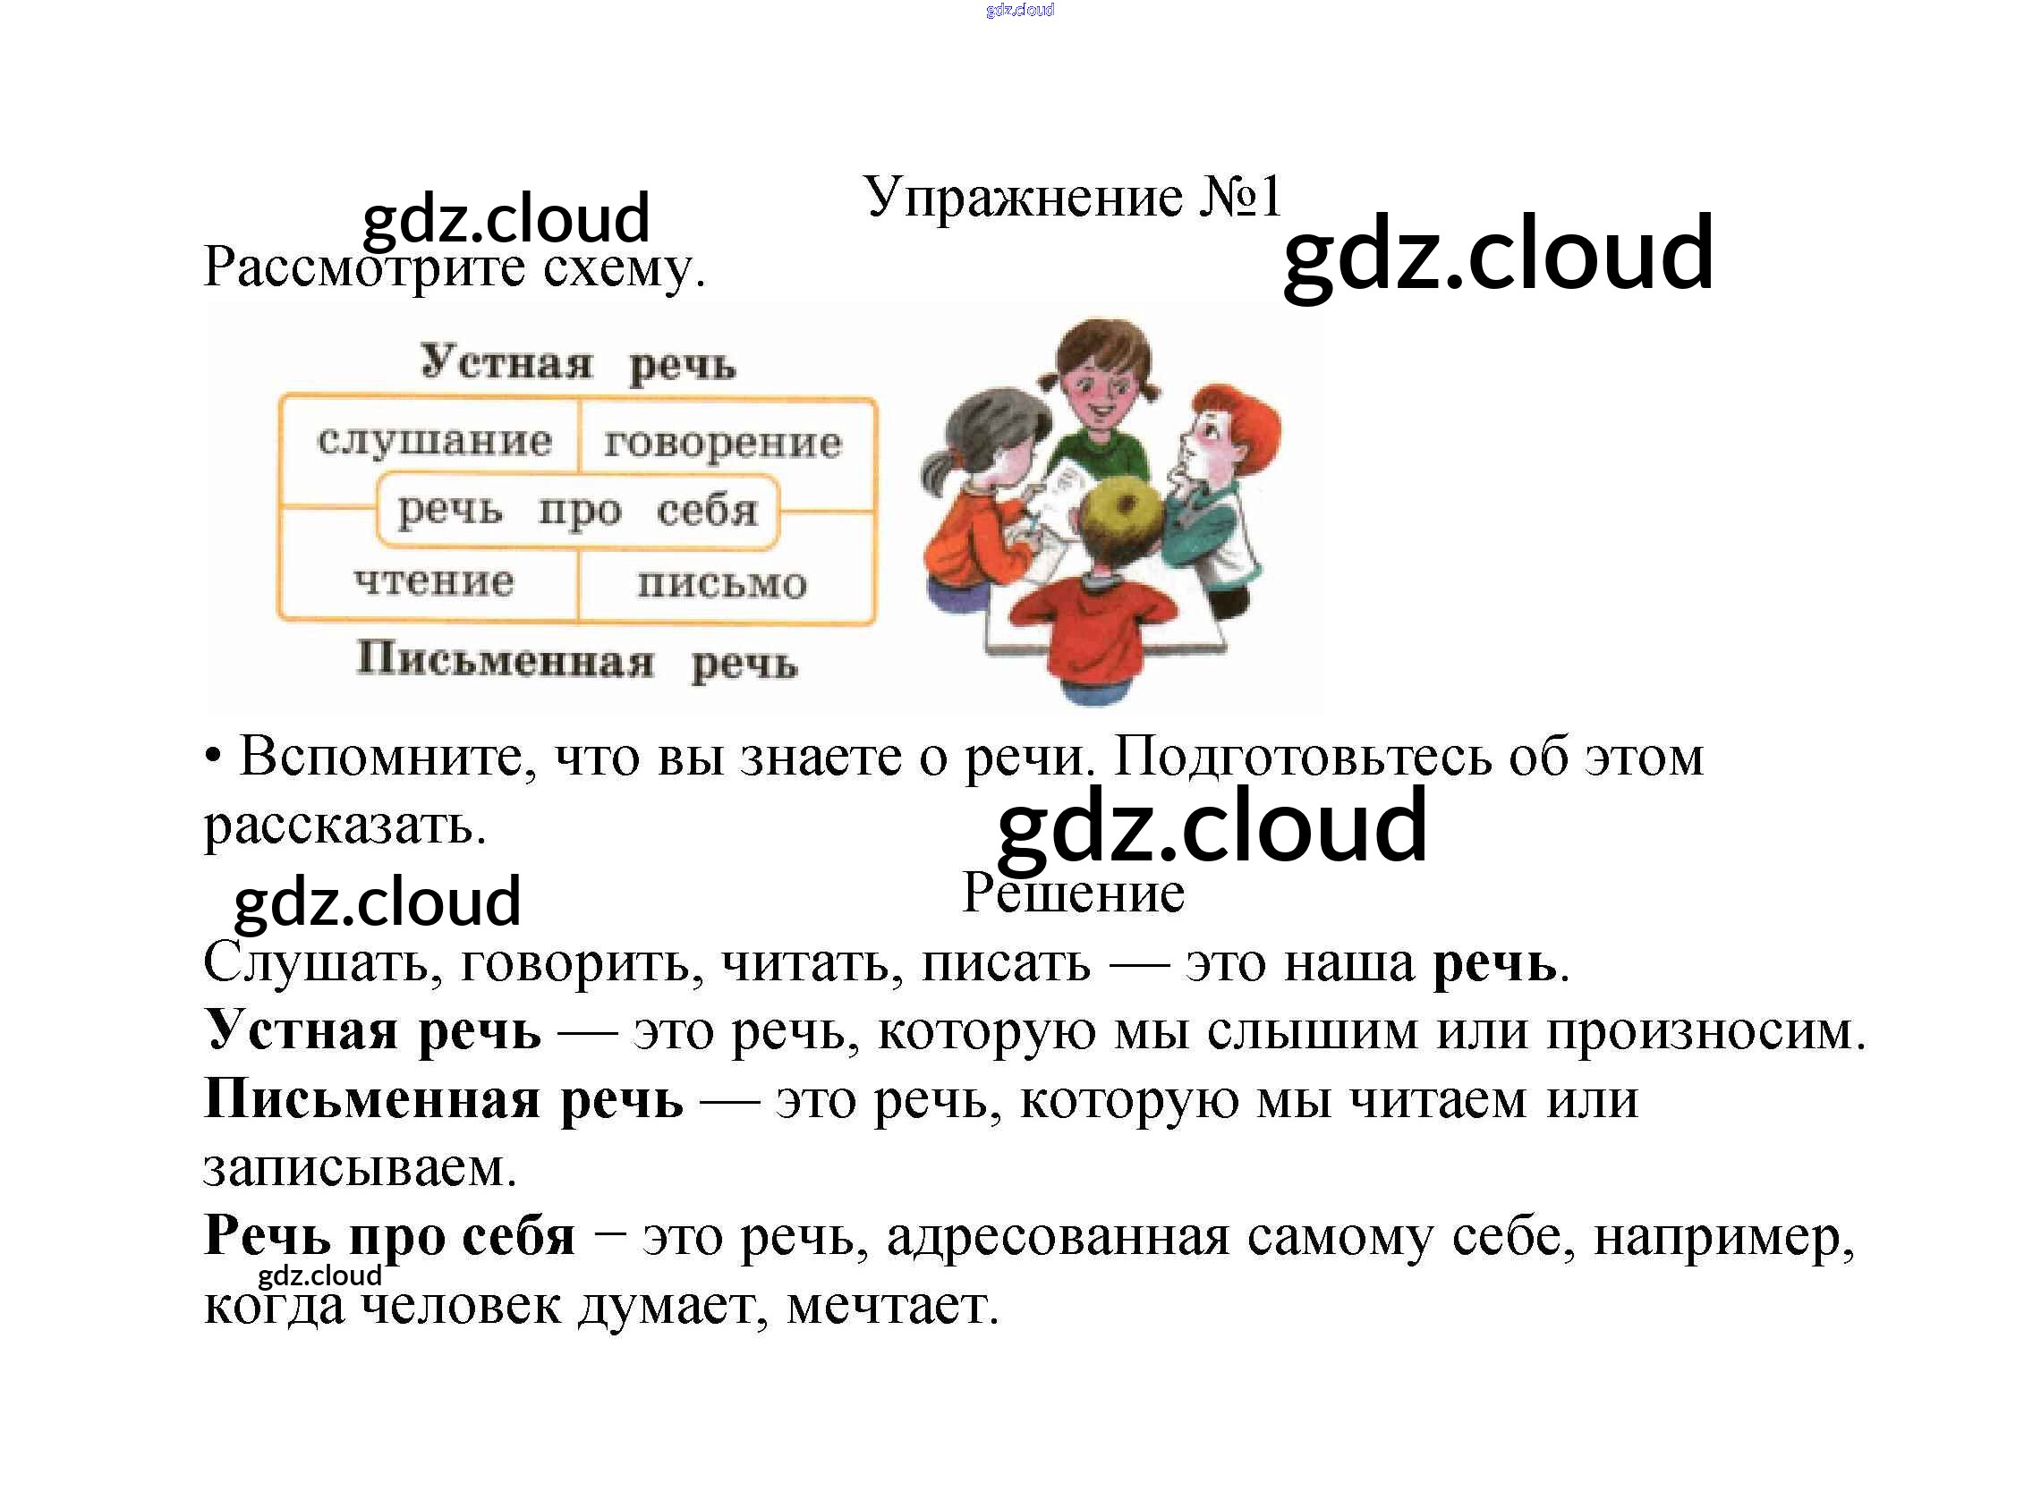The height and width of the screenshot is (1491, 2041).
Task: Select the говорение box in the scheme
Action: click(x=722, y=443)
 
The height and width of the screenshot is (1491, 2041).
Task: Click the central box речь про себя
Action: click(x=577, y=511)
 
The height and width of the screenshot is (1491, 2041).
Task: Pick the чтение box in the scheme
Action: click(x=433, y=580)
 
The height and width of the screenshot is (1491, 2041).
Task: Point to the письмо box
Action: click(x=722, y=583)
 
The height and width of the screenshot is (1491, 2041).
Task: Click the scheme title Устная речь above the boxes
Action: click(x=578, y=364)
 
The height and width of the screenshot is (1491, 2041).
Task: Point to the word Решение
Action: click(x=1073, y=893)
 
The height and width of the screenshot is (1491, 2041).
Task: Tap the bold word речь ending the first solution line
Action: click(x=1494, y=963)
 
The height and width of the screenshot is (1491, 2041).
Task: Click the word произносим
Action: click(x=1705, y=1030)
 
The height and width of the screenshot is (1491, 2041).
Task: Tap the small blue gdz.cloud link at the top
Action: click(x=1020, y=10)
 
